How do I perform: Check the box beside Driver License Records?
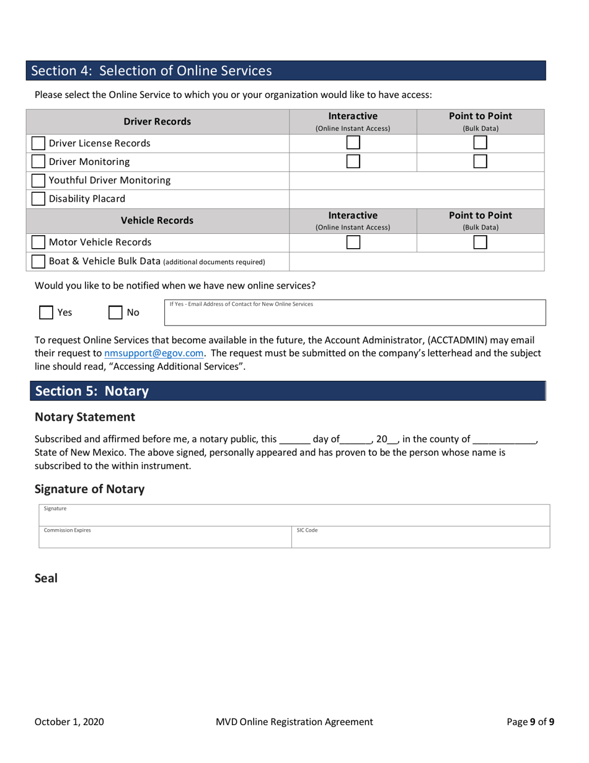point(38,143)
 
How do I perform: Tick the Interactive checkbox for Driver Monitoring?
point(353,162)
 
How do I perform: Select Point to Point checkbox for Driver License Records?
point(480,143)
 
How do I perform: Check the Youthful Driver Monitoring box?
point(38,181)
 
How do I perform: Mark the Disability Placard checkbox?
point(38,199)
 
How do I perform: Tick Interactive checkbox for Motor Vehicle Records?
point(353,243)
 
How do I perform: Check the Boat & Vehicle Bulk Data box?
point(38,262)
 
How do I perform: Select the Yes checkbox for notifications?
point(46,313)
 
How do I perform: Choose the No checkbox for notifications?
point(115,313)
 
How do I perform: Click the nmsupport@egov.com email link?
point(154,353)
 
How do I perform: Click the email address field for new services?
point(355,316)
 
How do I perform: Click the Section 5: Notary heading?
point(92,391)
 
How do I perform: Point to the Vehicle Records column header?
point(157,220)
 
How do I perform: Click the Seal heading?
point(46,578)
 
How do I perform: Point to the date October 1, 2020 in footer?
point(69,721)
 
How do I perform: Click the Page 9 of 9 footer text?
point(530,721)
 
